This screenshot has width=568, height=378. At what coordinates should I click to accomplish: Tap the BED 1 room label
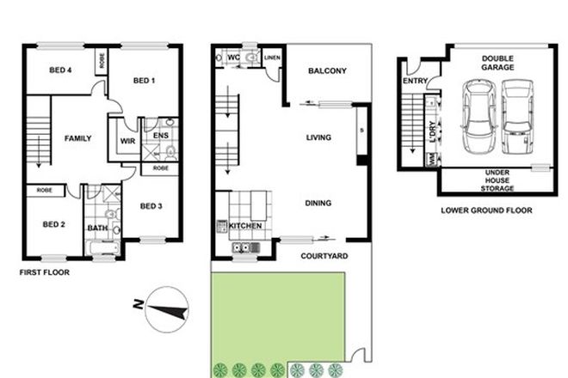pos(143,81)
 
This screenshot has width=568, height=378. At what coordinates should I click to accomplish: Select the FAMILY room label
pos(79,137)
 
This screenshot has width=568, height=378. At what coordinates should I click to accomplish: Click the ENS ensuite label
pos(159,135)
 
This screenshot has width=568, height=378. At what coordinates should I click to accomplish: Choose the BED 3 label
pos(151,205)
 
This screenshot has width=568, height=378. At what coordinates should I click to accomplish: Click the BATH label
pos(97,228)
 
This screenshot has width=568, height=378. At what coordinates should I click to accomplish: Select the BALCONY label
pos(329,71)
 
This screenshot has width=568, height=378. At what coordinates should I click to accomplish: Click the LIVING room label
pos(319,137)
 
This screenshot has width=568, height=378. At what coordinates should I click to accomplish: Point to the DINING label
pos(318,204)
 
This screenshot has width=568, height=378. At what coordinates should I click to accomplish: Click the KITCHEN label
pos(245,226)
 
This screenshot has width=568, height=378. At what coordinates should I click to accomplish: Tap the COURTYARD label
pos(324,255)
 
